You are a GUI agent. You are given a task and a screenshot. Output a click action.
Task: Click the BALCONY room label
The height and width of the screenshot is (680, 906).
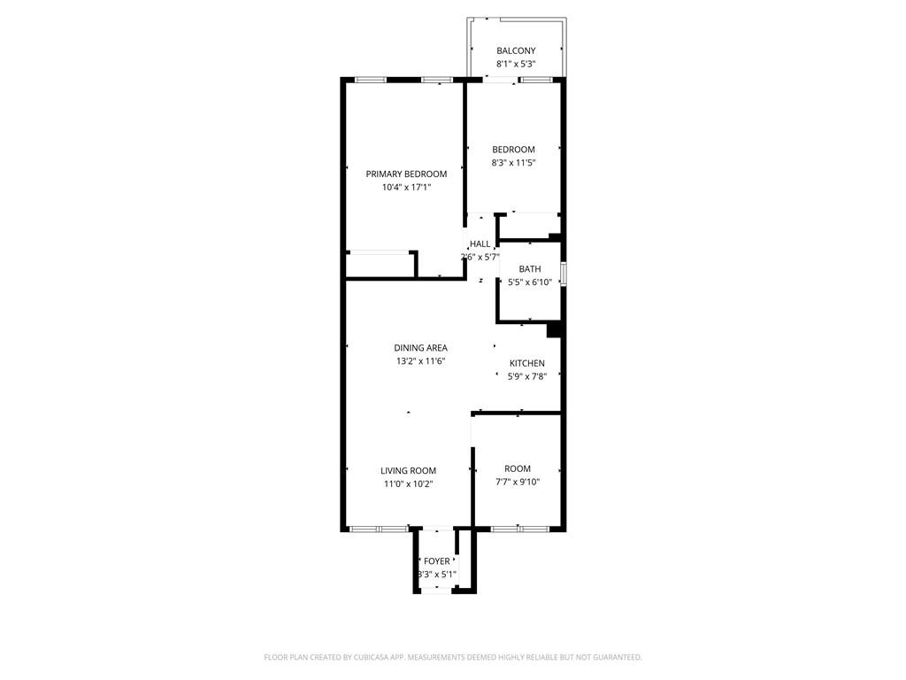(516, 50)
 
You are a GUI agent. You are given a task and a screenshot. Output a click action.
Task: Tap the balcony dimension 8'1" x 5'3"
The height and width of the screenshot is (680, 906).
(516, 65)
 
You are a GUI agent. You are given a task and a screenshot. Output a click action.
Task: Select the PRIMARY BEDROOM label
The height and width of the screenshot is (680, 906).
(406, 174)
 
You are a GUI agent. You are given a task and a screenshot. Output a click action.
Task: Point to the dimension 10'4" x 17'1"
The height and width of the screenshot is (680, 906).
(406, 188)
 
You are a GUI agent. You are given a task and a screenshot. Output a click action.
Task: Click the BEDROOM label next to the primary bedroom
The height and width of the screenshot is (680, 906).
(513, 150)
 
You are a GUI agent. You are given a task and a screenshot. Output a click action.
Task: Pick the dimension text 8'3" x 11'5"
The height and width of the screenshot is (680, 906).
(513, 163)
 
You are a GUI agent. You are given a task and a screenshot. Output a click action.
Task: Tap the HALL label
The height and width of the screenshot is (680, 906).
(480, 244)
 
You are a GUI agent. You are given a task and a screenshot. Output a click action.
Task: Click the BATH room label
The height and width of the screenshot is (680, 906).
(530, 269)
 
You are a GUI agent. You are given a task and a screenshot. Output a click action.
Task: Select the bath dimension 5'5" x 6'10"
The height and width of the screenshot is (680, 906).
(530, 282)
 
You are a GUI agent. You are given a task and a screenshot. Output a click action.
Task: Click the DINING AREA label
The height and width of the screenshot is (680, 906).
(420, 348)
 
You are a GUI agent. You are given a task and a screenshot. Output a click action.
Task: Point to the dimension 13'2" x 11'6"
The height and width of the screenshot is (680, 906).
(420, 361)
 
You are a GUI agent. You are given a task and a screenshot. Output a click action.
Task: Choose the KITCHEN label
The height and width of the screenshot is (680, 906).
(526, 364)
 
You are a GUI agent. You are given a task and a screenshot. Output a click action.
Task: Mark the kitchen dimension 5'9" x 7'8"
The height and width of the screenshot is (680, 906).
(526, 377)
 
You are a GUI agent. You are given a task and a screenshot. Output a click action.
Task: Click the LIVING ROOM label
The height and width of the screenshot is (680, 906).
(408, 471)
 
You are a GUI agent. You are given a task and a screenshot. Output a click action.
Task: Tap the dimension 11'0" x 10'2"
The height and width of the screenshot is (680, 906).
(408, 484)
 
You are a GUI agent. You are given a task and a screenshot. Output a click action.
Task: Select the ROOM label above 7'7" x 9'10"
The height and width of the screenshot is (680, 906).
(518, 468)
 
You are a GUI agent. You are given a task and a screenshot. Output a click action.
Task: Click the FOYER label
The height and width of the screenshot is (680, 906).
(436, 561)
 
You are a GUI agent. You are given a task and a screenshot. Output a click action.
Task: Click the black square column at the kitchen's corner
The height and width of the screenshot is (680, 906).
(554, 330)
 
